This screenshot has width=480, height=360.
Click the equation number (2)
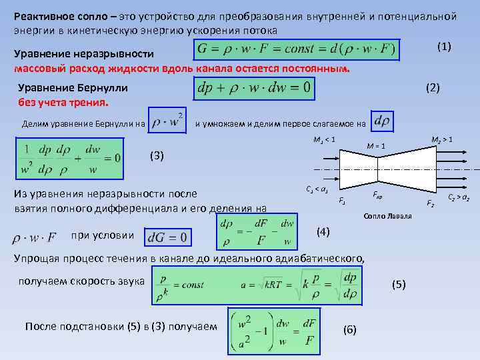coord(432,87)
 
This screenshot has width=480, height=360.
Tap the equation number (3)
coord(155,156)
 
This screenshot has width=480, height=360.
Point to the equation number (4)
coord(323,231)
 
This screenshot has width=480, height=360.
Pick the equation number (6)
coord(349,329)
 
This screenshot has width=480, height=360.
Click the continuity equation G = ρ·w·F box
coord(297,49)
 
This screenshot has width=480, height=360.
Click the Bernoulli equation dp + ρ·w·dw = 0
coord(254,87)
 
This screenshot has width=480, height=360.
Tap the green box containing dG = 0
coord(167,237)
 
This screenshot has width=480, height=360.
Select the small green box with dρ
coord(383,122)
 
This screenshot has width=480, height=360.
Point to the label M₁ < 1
coord(323,139)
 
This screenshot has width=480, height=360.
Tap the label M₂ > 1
coord(441,139)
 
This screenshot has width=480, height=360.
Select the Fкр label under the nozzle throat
coord(377,197)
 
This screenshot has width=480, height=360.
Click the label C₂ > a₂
coord(460,197)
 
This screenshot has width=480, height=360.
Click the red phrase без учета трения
coord(63,103)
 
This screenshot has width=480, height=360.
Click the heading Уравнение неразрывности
coord(85,53)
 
